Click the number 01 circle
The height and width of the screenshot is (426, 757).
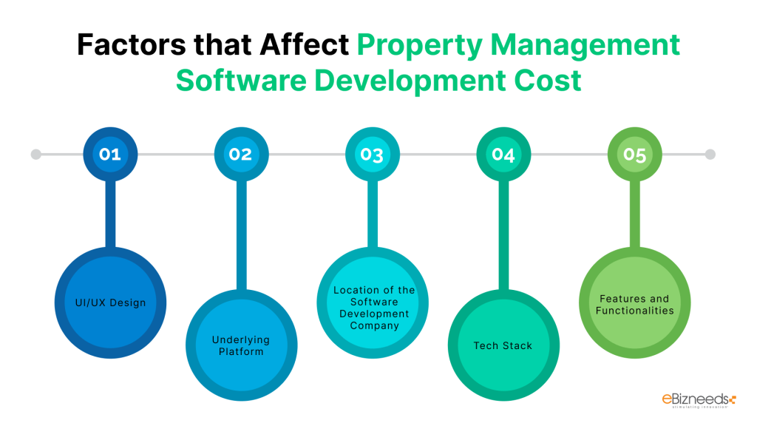click(109, 155)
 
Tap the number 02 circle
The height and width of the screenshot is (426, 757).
click(240, 155)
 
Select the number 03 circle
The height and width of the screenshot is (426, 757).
click(372, 155)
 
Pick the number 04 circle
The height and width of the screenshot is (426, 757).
click(503, 155)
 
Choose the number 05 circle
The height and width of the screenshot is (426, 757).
click(634, 155)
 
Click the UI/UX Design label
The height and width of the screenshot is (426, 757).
click(109, 302)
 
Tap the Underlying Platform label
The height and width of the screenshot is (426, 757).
click(241, 345)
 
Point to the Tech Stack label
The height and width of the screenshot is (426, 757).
click(503, 345)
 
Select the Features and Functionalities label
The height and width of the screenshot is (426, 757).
click(634, 304)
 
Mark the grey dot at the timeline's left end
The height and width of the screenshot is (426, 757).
click(35, 155)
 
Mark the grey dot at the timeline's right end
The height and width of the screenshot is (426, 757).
click(710, 155)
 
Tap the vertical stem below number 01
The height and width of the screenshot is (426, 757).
click(109, 214)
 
